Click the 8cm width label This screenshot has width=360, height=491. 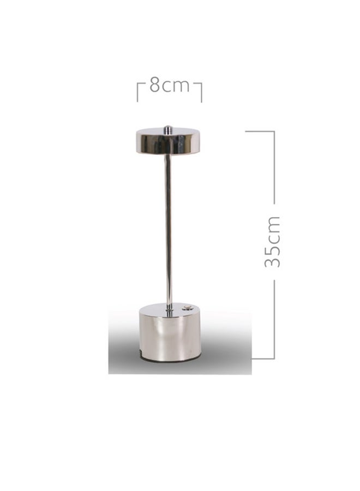(x=169, y=85)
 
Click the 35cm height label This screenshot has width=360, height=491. (x=272, y=242)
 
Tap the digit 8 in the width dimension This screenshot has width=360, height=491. (x=155, y=85)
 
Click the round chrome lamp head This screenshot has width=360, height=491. (x=169, y=141)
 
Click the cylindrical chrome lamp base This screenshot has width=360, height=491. (x=170, y=332)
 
